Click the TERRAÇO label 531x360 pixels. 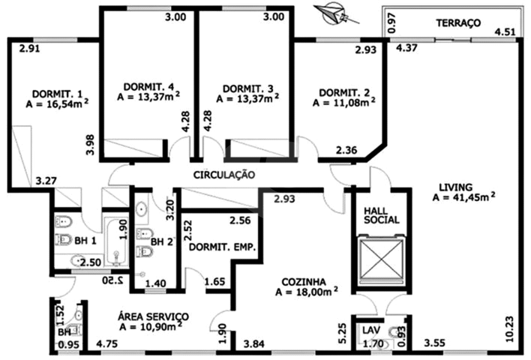pos(458,23)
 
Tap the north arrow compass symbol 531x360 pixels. pos(336,13)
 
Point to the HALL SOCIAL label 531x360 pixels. pos(381,215)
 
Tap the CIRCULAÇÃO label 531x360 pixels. pos(224,175)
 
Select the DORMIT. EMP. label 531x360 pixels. pos(222,247)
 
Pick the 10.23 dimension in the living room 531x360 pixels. pos(510,328)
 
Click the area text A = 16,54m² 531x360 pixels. pos(57,104)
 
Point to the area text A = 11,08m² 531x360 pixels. pos(344,102)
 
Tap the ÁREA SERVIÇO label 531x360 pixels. pos(153,317)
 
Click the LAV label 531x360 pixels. pos(371,330)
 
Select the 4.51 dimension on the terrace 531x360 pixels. pos(505,32)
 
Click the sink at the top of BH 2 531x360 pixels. pos(142,209)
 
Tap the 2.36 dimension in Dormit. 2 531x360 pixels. pos(346,150)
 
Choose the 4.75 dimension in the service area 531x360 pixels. pos(107,344)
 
